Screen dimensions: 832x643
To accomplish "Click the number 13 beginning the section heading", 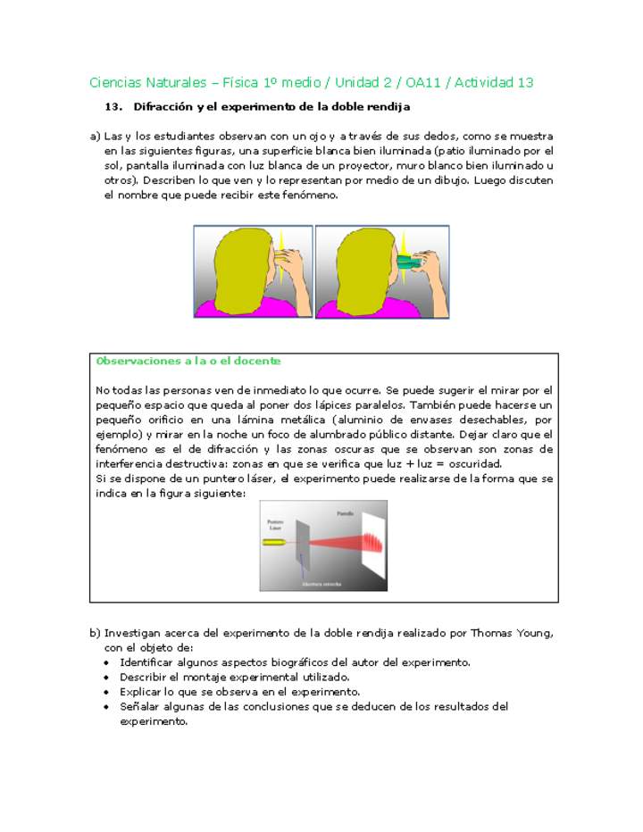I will (x=113, y=107).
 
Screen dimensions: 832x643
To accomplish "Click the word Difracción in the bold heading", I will (x=163, y=107).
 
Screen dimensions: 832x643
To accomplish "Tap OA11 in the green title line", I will (x=427, y=82).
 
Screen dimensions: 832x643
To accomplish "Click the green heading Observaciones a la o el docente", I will (x=188, y=361).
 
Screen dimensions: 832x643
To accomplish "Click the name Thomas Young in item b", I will (x=513, y=633).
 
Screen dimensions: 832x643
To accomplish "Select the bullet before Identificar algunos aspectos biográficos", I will (x=107, y=663).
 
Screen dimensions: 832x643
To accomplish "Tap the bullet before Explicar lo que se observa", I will (x=107, y=692).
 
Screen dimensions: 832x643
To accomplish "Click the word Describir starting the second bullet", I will (x=145, y=678).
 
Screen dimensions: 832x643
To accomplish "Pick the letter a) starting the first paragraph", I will (x=95, y=137).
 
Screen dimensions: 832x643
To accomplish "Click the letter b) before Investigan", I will (x=95, y=633).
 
